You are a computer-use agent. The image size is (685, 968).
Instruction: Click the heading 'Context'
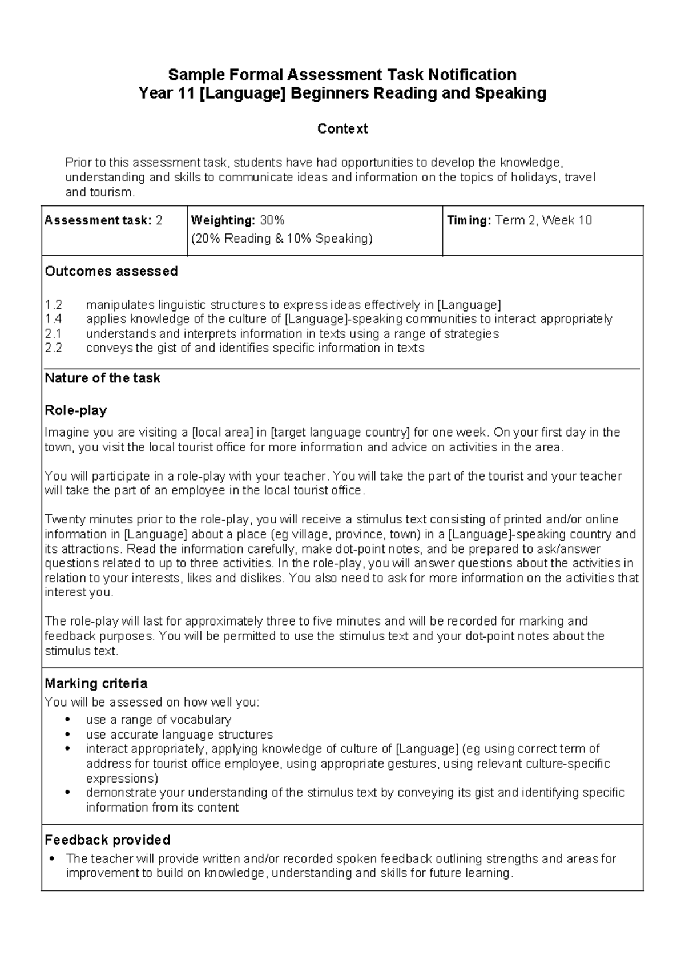tap(342, 129)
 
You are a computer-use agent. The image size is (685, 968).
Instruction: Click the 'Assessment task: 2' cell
tap(103, 221)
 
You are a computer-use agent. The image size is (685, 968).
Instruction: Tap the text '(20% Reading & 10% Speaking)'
tap(281, 239)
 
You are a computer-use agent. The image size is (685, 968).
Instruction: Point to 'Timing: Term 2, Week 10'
tap(519, 221)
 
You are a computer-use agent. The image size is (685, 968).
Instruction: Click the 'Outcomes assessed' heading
tap(111, 271)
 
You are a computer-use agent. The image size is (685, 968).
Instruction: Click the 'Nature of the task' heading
tap(103, 378)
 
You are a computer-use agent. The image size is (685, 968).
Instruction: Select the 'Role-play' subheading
tap(76, 410)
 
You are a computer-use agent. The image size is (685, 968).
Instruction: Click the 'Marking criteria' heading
tap(96, 684)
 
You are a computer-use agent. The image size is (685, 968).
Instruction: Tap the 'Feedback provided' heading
tap(107, 840)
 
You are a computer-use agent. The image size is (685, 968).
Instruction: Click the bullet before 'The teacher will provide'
tap(52, 858)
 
